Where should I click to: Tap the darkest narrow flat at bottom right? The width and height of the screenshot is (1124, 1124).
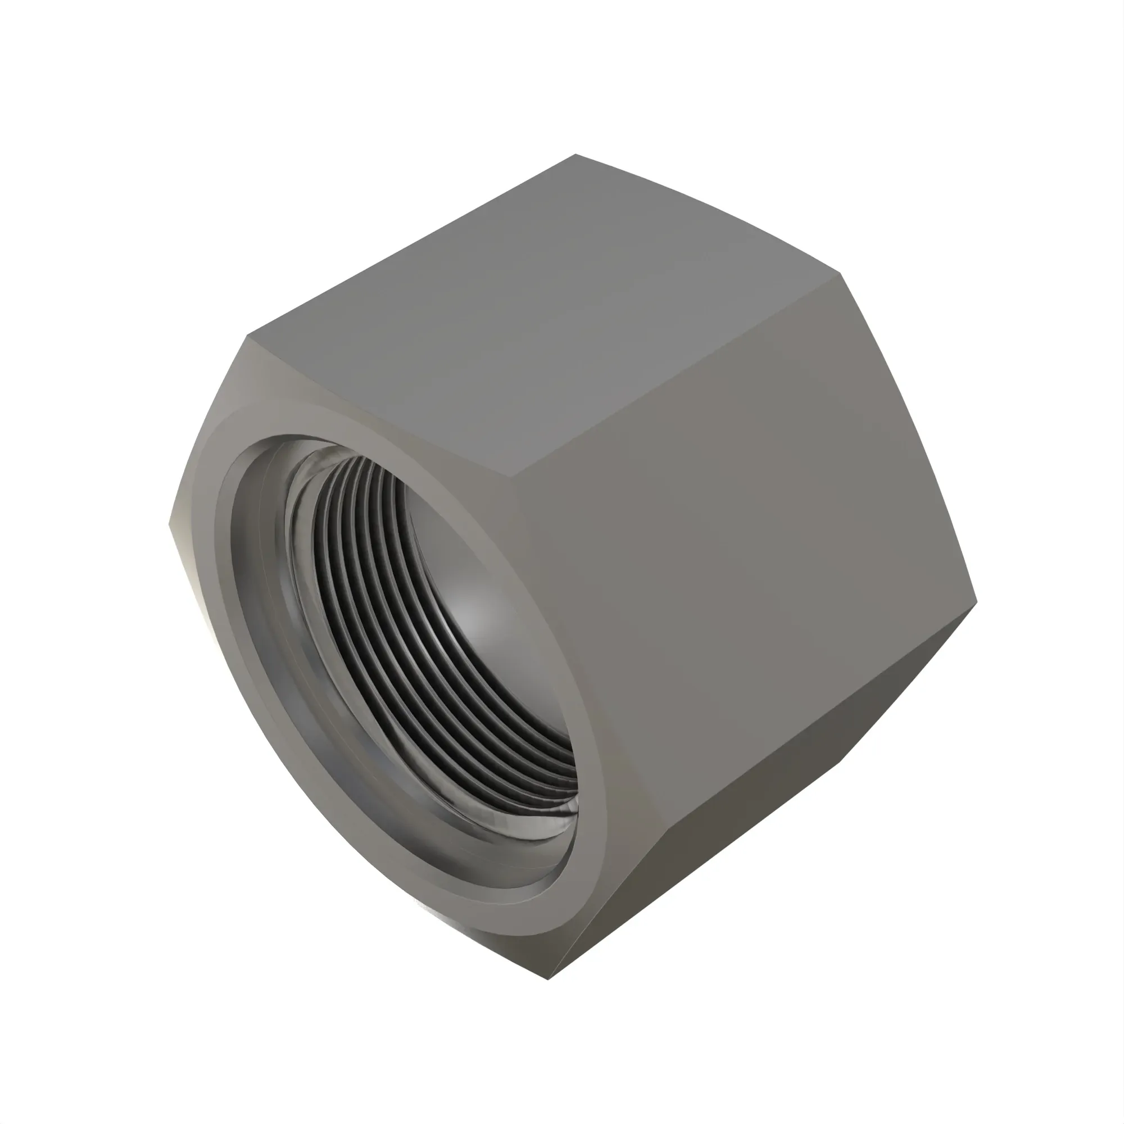tap(756, 873)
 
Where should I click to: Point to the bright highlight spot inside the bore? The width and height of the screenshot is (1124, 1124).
tap(472, 617)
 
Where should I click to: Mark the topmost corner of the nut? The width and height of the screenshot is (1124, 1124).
tap(575, 154)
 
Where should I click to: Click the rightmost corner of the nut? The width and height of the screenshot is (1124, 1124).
tap(977, 600)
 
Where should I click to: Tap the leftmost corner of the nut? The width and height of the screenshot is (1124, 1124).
tap(169, 524)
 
